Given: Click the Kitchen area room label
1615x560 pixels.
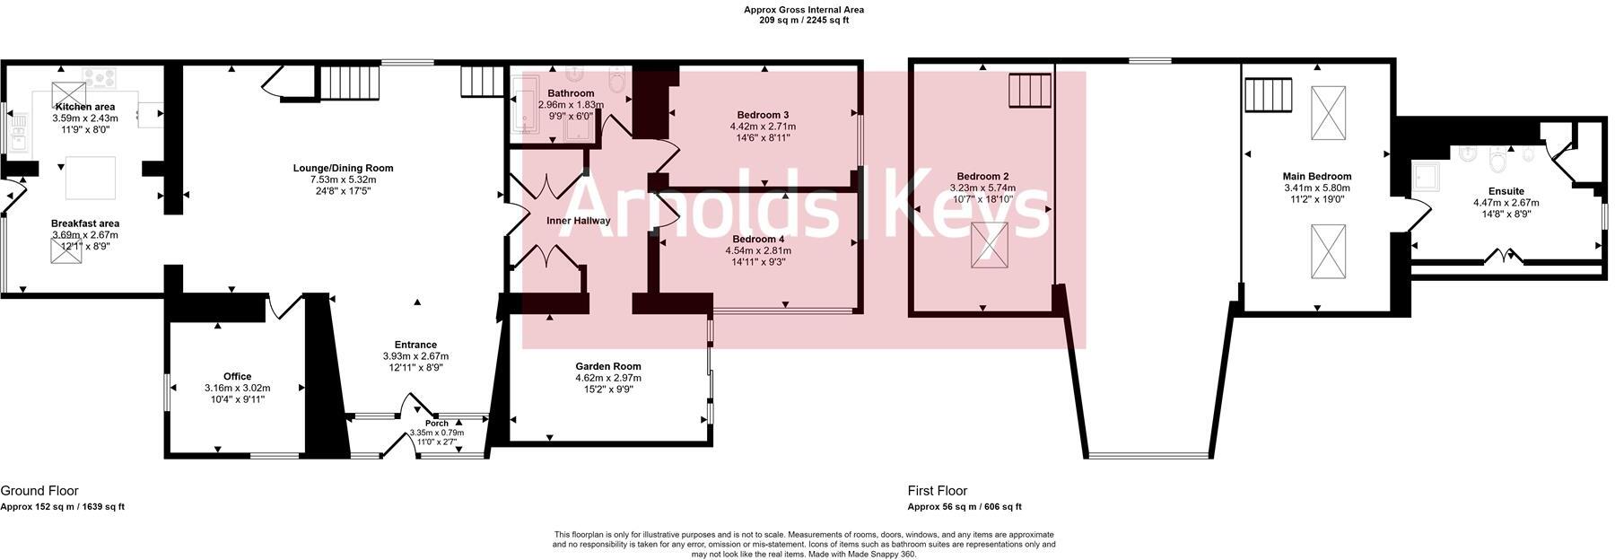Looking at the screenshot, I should (x=85, y=107).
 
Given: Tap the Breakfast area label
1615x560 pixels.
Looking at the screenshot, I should (x=85, y=223).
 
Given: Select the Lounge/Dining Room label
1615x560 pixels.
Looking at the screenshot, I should (x=343, y=168).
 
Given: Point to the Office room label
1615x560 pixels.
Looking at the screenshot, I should (x=237, y=376).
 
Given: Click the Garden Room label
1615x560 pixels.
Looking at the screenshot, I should (x=608, y=366).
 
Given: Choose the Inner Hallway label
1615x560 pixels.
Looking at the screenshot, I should (x=579, y=221).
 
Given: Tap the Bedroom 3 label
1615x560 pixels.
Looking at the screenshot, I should (x=763, y=115).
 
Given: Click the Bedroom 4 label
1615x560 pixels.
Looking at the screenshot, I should (x=758, y=239).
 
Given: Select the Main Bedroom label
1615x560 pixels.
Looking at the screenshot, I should (x=1317, y=177).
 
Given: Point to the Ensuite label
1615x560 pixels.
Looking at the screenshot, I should (x=1506, y=191).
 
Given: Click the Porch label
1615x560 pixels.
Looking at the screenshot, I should (x=437, y=424).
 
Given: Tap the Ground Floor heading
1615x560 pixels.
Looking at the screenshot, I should (x=39, y=491).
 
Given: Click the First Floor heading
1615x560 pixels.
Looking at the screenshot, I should (x=938, y=491).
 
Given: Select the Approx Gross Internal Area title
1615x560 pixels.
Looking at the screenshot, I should (x=804, y=10).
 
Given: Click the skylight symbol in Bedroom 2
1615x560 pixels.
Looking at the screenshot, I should (x=991, y=245).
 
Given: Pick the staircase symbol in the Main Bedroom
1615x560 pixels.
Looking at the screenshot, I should (x=1268, y=94).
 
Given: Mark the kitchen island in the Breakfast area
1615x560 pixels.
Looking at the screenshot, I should (x=91, y=178).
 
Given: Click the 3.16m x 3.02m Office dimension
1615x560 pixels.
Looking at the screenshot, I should (x=237, y=388).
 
